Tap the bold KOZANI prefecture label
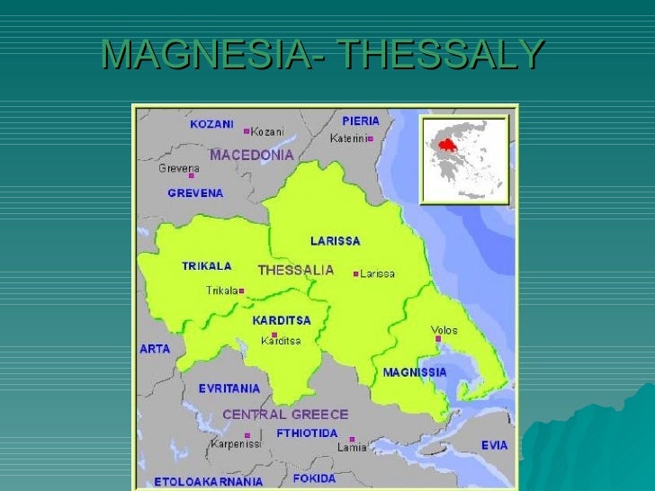(x=211, y=124)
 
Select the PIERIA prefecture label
(x=361, y=121)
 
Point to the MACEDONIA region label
(x=252, y=155)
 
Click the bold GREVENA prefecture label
(x=195, y=192)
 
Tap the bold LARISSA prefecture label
(x=335, y=241)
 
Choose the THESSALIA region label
(x=295, y=270)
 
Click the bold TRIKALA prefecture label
(x=206, y=266)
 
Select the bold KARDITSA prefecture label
(x=281, y=320)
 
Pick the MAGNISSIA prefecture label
(x=415, y=371)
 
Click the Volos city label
(x=444, y=330)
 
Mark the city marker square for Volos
(x=438, y=339)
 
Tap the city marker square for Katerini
(x=370, y=138)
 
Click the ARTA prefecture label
(x=154, y=349)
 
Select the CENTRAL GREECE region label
(x=284, y=415)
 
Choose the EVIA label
(x=494, y=445)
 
